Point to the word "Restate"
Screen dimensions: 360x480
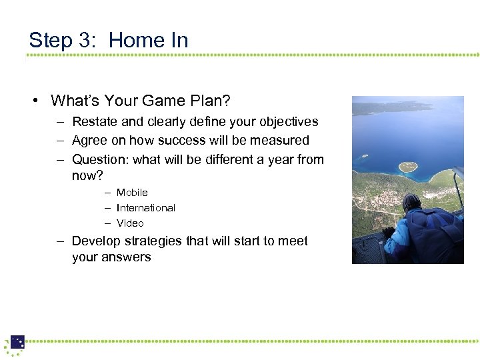(x=94, y=122)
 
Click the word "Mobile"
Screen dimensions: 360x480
(x=132, y=193)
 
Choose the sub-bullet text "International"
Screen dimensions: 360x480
(x=145, y=208)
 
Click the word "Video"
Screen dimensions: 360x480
(x=130, y=223)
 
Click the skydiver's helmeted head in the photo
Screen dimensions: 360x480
(x=412, y=202)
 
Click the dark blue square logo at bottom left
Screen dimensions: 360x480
(x=17, y=342)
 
